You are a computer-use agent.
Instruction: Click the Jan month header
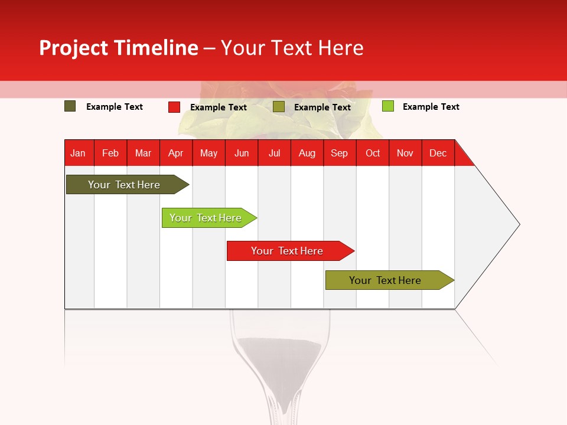[78, 153]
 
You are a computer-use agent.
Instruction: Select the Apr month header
[176, 153]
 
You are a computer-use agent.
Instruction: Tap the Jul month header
[274, 153]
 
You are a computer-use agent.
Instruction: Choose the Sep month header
[339, 153]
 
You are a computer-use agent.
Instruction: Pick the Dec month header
[438, 153]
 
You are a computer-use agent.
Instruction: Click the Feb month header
[110, 153]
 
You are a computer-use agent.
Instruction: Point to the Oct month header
[373, 153]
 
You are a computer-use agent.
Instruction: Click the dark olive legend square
[70, 106]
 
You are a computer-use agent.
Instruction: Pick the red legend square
[174, 107]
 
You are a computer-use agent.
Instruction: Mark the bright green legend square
[387, 106]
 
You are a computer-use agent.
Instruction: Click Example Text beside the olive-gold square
[322, 107]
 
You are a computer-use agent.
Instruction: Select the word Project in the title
[74, 48]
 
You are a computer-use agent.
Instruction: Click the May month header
[208, 153]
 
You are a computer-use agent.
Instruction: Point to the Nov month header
[405, 153]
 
